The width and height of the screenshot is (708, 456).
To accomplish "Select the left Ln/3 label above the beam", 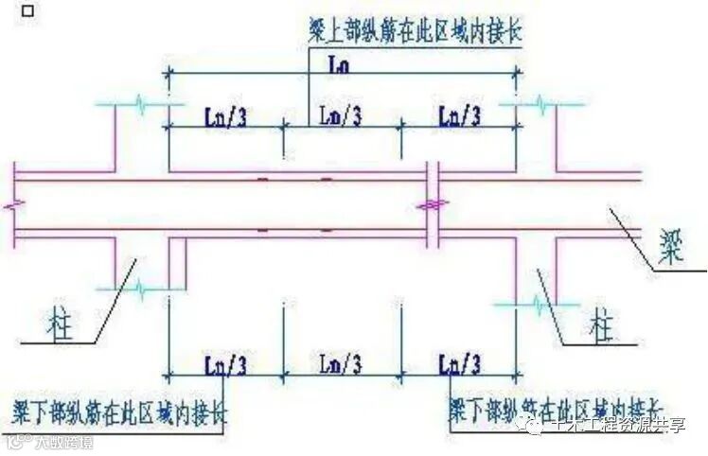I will (x=226, y=116).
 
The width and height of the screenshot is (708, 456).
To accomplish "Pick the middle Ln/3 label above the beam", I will (x=340, y=116).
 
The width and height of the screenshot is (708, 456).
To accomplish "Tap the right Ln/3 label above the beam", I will (x=460, y=116).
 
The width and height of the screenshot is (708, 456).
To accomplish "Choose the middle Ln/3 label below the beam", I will (x=340, y=363).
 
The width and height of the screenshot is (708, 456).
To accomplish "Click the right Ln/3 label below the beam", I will (x=459, y=363).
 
